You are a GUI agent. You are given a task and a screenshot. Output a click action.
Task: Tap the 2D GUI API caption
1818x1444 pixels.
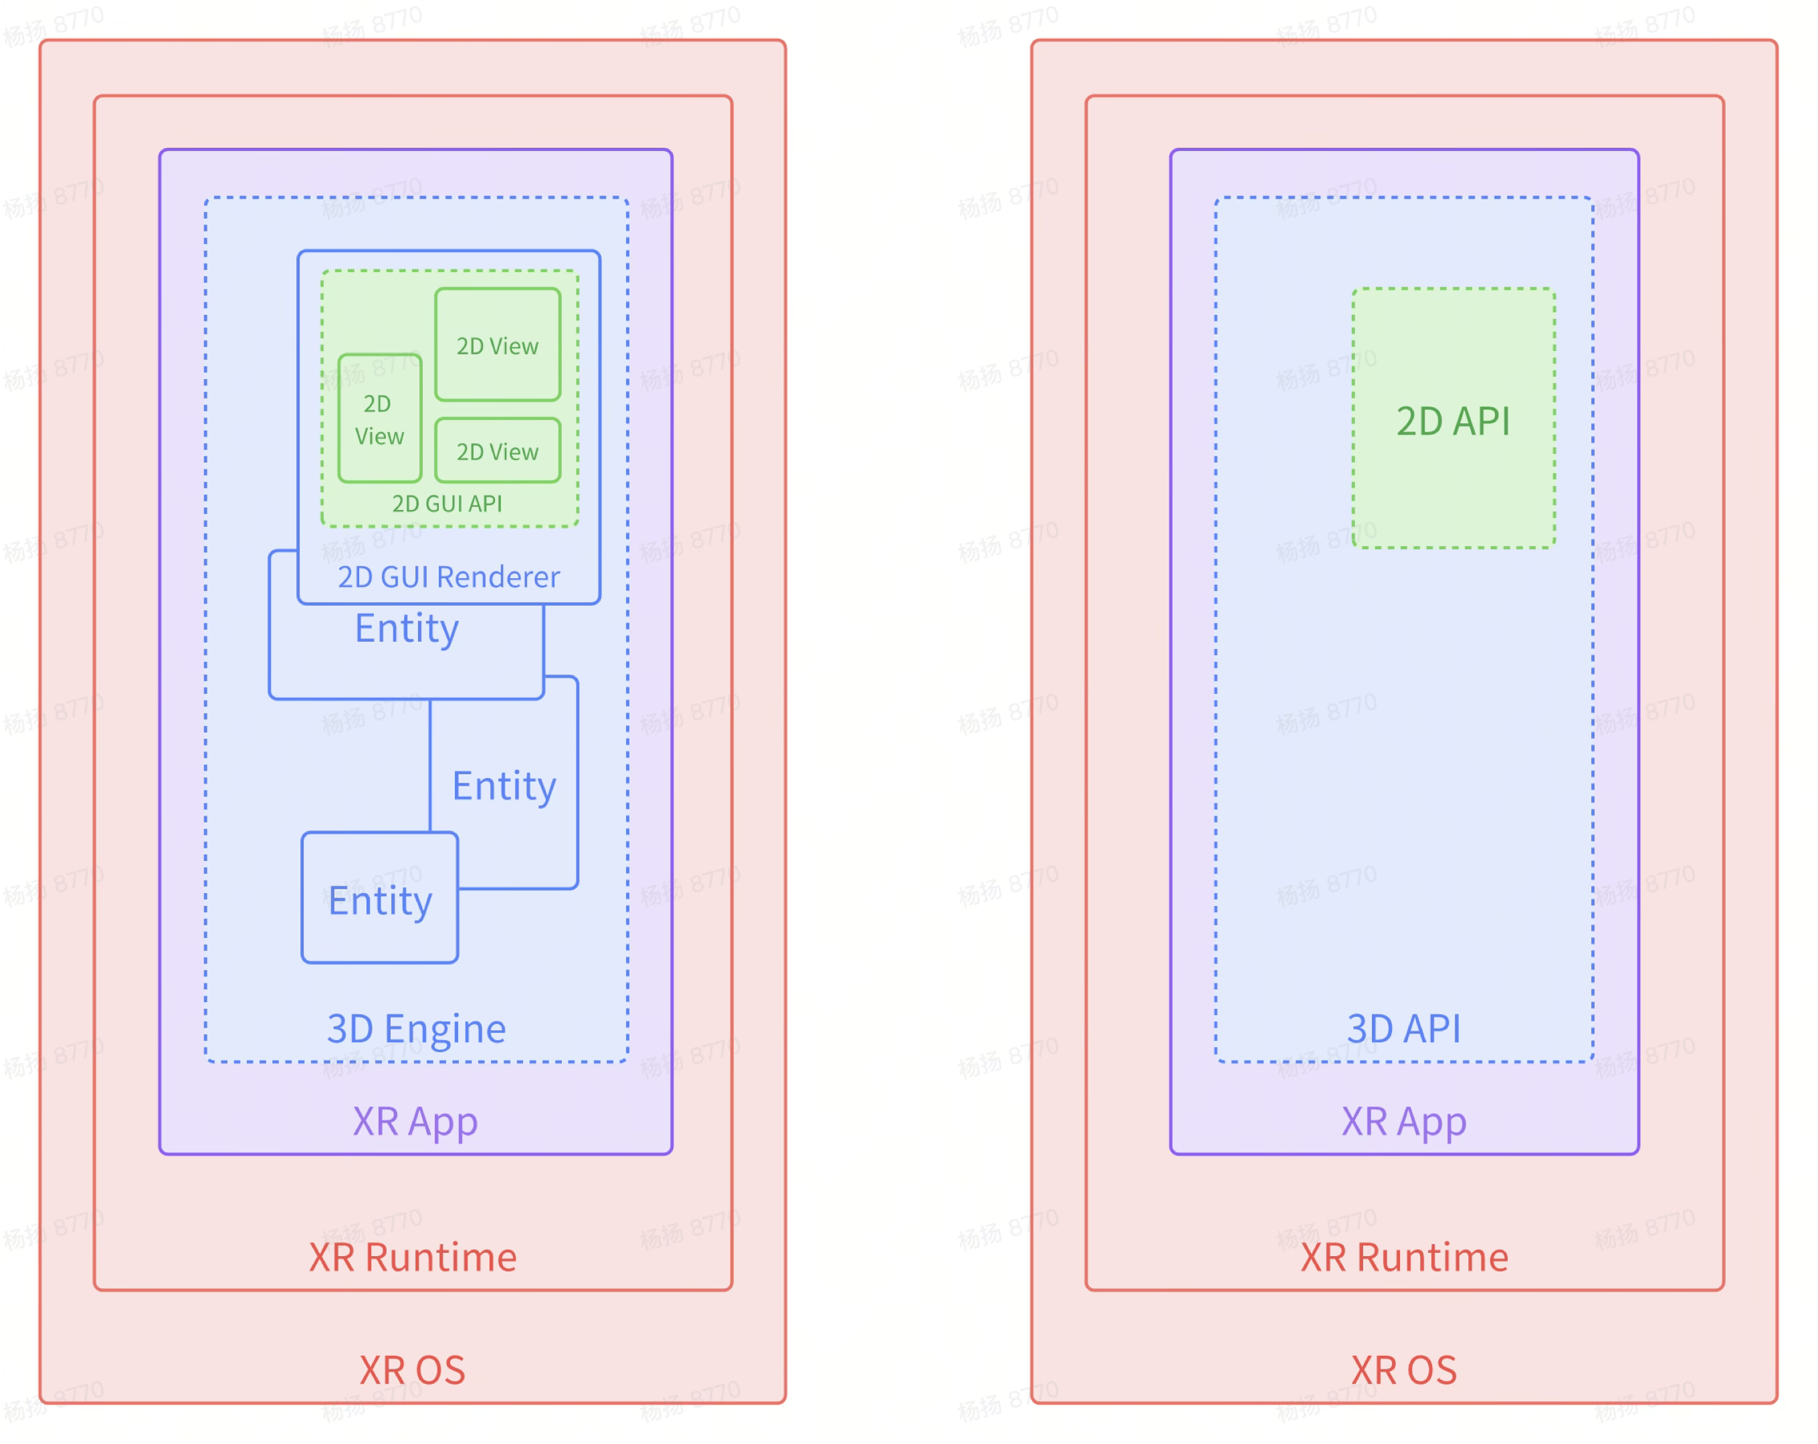click(x=447, y=504)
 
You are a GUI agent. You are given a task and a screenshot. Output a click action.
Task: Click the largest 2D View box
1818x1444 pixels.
click(x=498, y=346)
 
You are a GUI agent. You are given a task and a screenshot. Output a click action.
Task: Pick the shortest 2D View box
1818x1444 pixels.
click(x=498, y=452)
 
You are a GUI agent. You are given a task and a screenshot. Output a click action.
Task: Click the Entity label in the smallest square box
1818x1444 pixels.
click(x=381, y=900)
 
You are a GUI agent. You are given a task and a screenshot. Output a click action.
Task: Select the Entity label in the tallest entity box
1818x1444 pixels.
click(x=504, y=786)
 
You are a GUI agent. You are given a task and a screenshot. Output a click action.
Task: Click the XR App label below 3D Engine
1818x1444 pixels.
click(x=415, y=1122)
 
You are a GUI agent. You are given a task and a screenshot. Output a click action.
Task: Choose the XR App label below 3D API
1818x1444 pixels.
click(x=1404, y=1122)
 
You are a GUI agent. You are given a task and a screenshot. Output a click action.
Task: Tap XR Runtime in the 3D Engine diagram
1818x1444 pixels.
click(x=412, y=1257)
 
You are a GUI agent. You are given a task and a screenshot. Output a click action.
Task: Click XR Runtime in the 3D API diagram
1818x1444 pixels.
click(x=1404, y=1257)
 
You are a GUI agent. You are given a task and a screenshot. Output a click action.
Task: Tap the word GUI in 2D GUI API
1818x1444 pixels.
click(x=443, y=504)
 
